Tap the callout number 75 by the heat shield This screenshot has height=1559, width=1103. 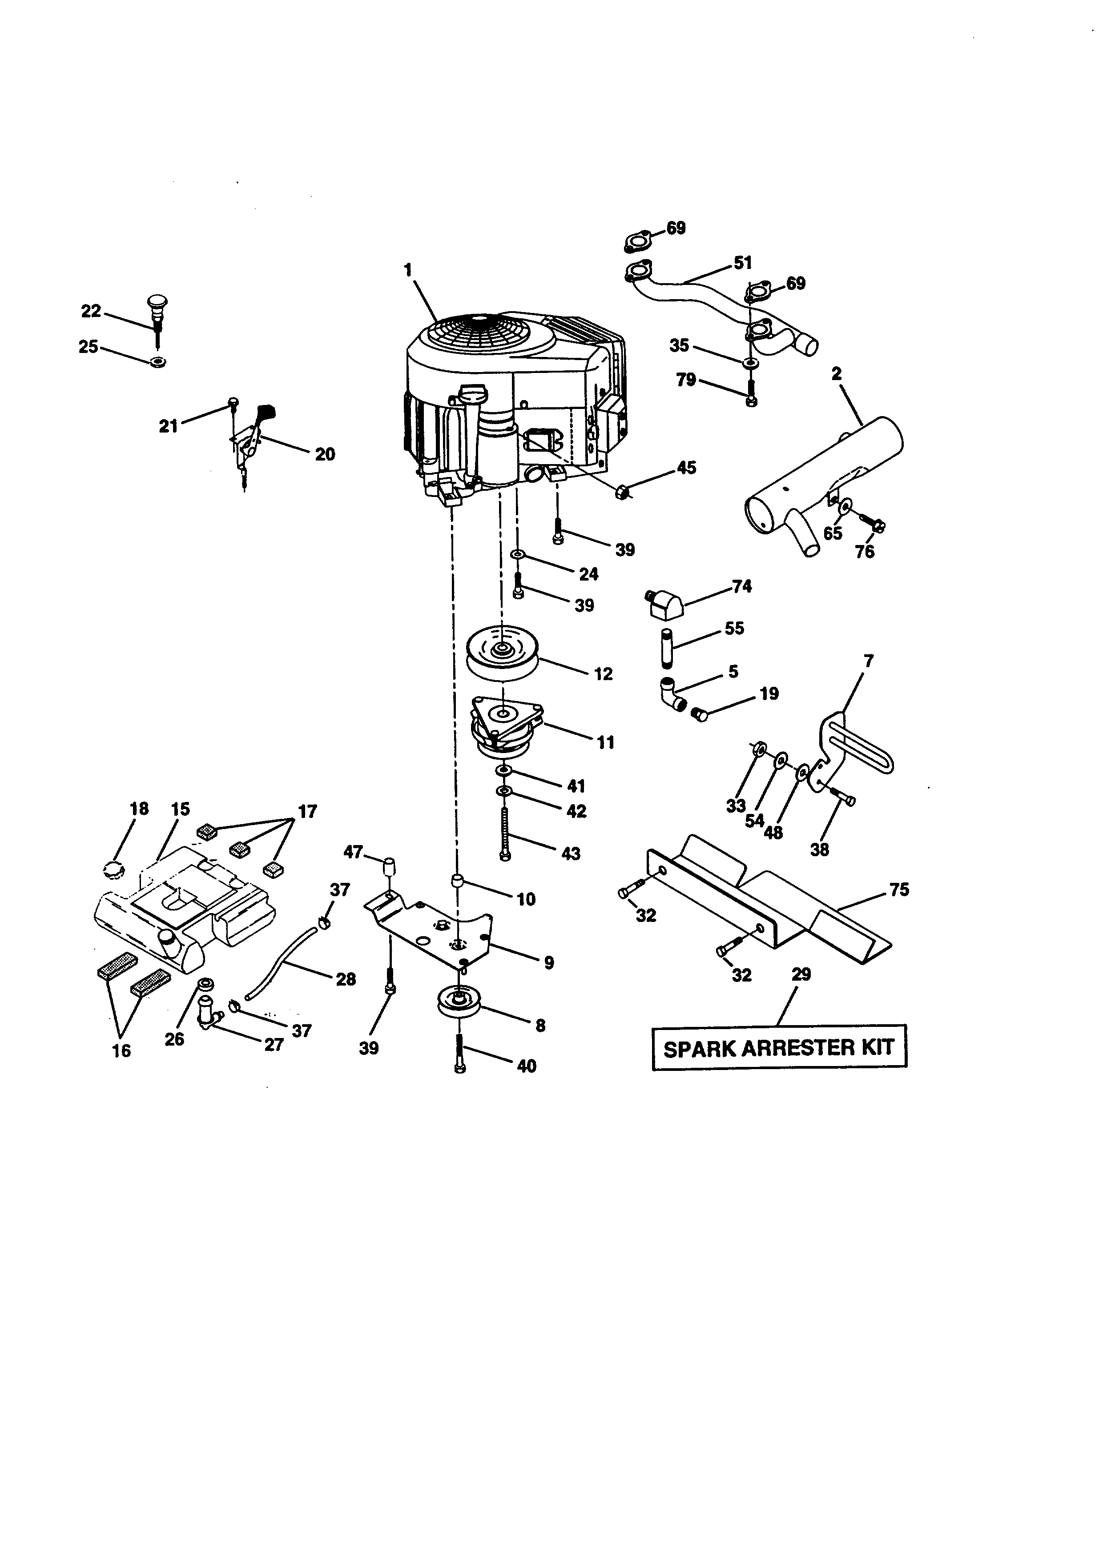pyautogui.click(x=898, y=890)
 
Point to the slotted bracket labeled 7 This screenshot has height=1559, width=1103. pyautogui.click(x=857, y=747)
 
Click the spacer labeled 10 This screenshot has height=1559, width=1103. pyautogui.click(x=458, y=882)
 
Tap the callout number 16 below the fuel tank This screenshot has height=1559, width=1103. pyautogui.click(x=121, y=1051)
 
